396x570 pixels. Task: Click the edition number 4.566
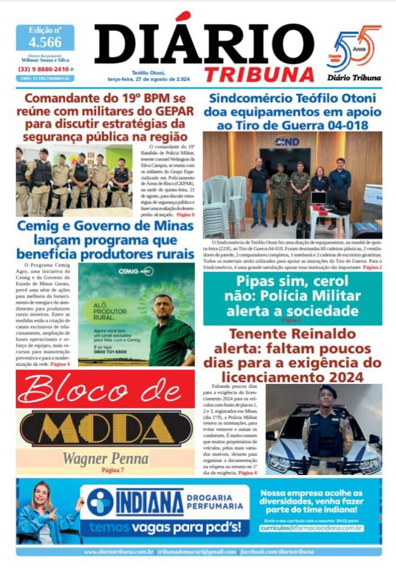pos(45,42)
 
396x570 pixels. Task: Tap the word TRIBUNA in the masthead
pos(259,74)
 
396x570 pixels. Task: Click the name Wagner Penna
pos(105,458)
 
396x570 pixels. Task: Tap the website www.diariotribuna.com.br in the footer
pos(119,552)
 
